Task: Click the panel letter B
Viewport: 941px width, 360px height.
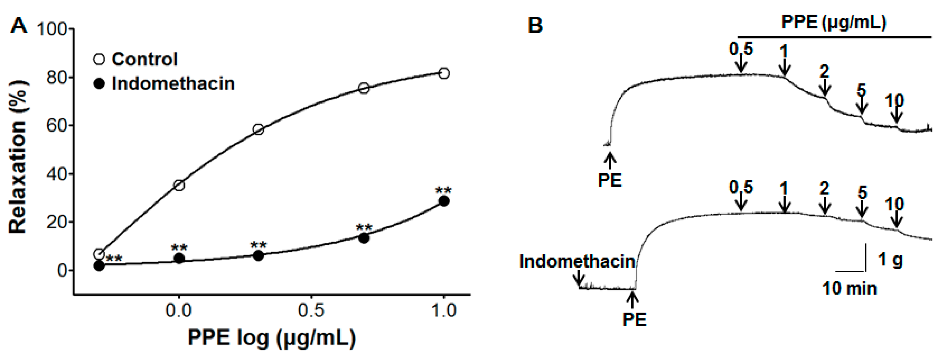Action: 535,26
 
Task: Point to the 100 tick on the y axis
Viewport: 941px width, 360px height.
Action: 52,29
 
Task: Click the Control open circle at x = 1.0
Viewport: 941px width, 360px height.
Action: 444,73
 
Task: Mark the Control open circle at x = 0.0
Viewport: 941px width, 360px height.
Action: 179,185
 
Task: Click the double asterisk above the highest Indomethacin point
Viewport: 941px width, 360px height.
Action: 444,190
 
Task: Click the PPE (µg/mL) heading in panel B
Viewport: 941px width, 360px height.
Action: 833,23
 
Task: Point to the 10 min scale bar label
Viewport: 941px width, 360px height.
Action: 849,288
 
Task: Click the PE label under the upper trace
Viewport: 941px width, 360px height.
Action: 610,180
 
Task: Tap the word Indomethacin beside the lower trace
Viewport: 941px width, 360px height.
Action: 577,262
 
